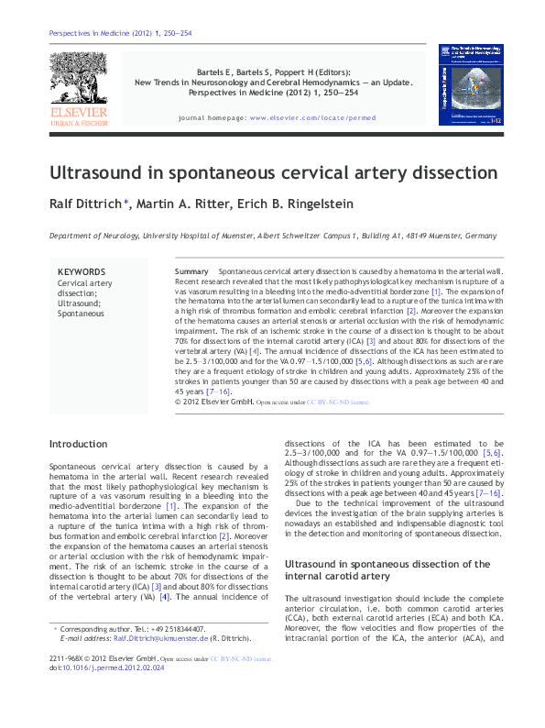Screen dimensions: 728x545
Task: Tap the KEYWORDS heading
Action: (x=82, y=272)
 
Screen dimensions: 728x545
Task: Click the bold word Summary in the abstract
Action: (x=191, y=273)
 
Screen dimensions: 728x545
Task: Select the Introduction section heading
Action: (x=78, y=444)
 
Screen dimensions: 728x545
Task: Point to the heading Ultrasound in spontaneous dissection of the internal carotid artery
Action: (x=387, y=570)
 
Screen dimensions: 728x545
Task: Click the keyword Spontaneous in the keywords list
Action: (x=82, y=314)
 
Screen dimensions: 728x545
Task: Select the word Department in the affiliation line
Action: (x=71, y=236)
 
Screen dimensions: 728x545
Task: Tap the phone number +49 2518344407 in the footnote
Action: (x=171, y=629)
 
